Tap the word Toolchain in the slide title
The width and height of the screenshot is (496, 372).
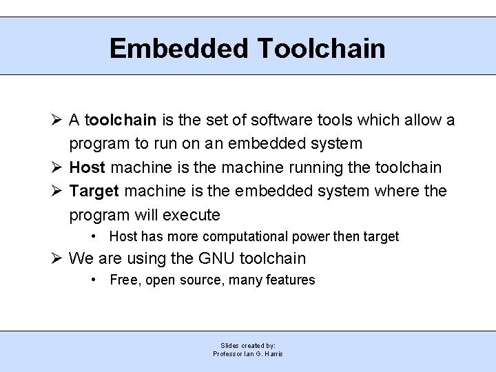pyautogui.click(x=321, y=48)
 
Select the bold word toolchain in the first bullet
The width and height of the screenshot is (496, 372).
pyautogui.click(x=122, y=121)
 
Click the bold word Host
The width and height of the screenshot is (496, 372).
pyautogui.click(x=87, y=167)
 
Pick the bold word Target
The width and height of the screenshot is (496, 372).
pyautogui.click(x=94, y=191)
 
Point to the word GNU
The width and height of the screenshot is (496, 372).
pyautogui.click(x=215, y=258)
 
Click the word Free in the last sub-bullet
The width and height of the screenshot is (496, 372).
pyautogui.click(x=124, y=280)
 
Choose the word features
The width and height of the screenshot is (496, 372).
pyautogui.click(x=290, y=280)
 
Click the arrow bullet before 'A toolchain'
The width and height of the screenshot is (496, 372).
pyautogui.click(x=57, y=121)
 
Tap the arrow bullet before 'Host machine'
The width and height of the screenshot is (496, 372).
pyautogui.click(x=57, y=167)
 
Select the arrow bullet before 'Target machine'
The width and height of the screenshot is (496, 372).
pyautogui.click(x=57, y=191)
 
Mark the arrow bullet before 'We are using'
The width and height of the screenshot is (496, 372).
pyautogui.click(x=57, y=258)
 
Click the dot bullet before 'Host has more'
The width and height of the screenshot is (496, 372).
pyautogui.click(x=94, y=236)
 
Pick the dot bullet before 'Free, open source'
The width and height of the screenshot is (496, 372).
pyautogui.click(x=94, y=280)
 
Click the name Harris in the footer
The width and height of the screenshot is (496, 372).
pyautogui.click(x=272, y=354)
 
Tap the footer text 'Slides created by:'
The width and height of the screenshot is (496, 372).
pyautogui.click(x=248, y=345)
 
